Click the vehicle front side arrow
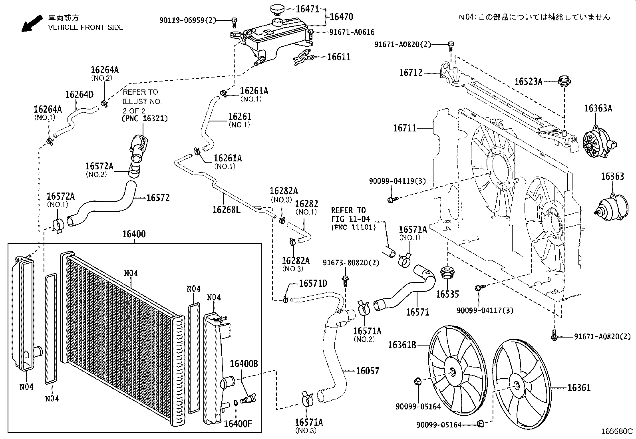pyautogui.click(x=32, y=23)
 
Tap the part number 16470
pyautogui.click(x=342, y=17)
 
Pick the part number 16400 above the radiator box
pyautogui.click(x=134, y=234)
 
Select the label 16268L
pyautogui.click(x=226, y=209)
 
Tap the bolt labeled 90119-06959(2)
pyautogui.click(x=235, y=21)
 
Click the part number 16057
pyautogui.click(x=368, y=371)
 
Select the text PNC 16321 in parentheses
pyautogui.click(x=145, y=119)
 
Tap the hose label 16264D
pyautogui.click(x=79, y=95)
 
